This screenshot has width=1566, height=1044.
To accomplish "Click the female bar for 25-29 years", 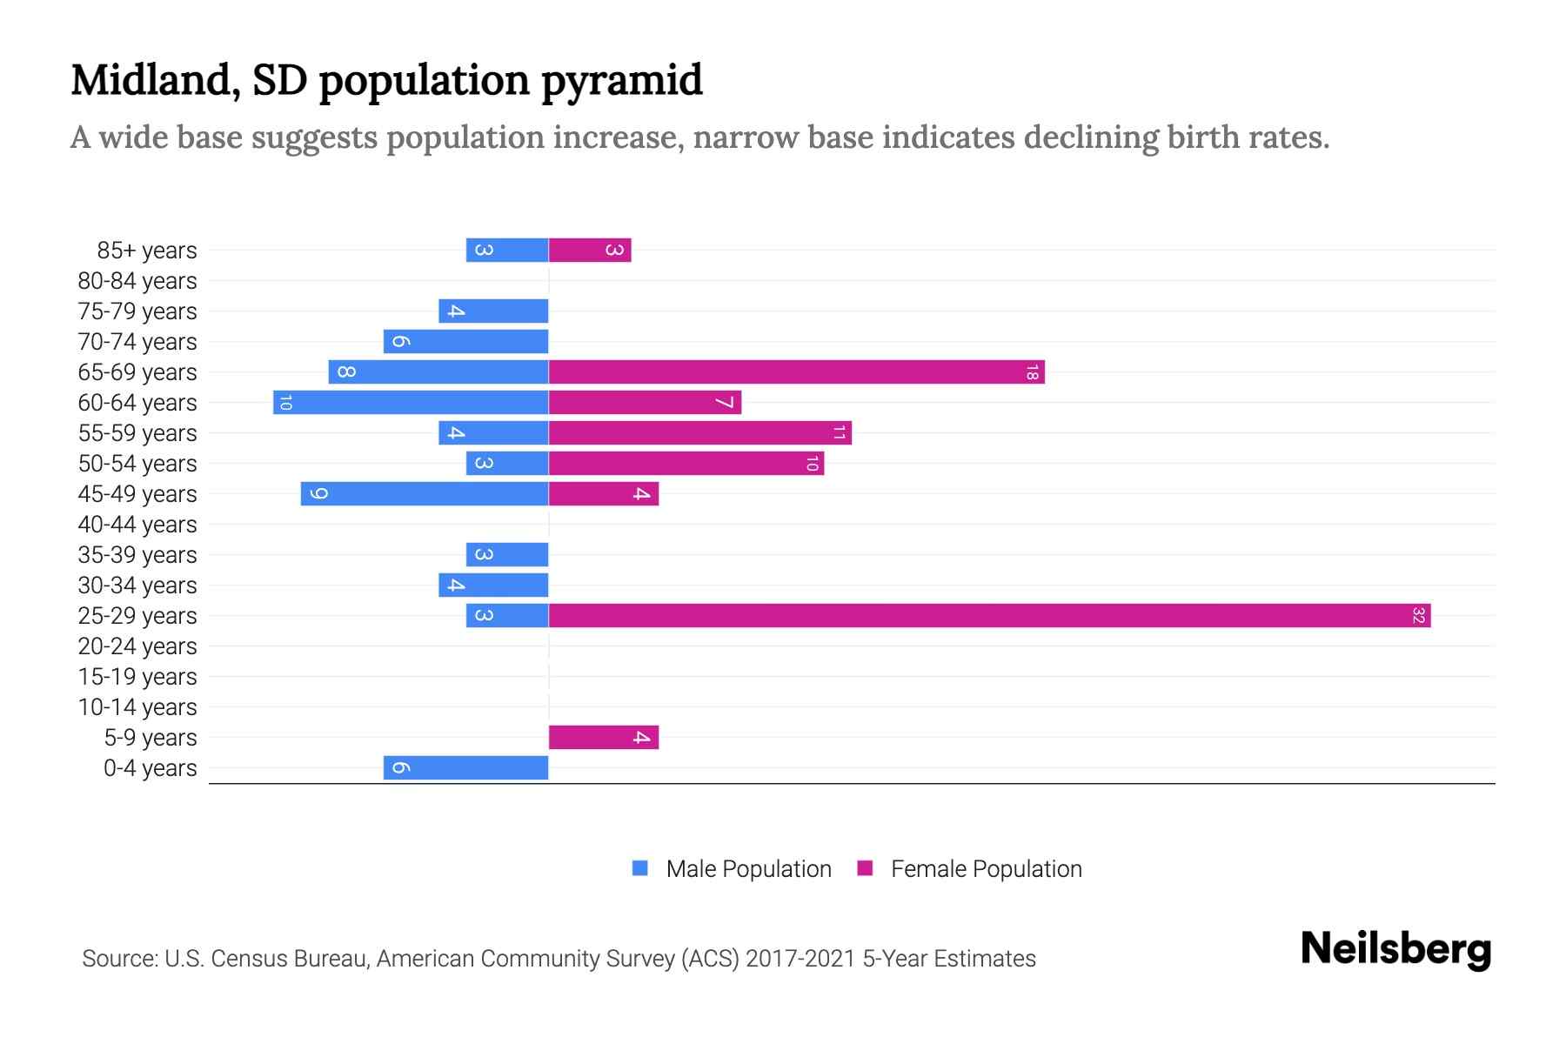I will click(989, 616).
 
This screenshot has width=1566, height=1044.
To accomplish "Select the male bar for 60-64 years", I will click(411, 403).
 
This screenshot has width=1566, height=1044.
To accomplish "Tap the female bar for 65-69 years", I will click(796, 372).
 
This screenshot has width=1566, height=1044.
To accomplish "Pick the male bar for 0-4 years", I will click(465, 768).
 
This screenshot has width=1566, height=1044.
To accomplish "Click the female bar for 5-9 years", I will click(603, 738).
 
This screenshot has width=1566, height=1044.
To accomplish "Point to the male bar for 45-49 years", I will click(425, 494).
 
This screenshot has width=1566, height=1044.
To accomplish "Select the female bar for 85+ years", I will click(589, 251).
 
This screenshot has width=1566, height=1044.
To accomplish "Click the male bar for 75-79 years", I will click(493, 311).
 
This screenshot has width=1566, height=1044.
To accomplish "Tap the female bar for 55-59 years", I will click(699, 433).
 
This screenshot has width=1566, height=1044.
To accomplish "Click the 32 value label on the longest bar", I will click(1418, 616).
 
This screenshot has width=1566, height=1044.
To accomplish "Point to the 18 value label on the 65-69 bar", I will click(1032, 372).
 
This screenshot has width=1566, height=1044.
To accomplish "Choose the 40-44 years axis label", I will click(137, 525).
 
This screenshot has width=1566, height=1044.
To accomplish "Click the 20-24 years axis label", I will click(137, 646).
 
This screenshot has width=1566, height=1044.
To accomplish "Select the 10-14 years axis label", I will click(137, 707).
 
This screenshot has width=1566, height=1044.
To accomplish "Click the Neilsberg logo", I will click(1395, 949).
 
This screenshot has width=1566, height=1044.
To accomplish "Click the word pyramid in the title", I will click(621, 81).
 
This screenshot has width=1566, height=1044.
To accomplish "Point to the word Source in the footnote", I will click(119, 959).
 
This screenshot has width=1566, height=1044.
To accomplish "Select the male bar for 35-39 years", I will click(507, 555).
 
